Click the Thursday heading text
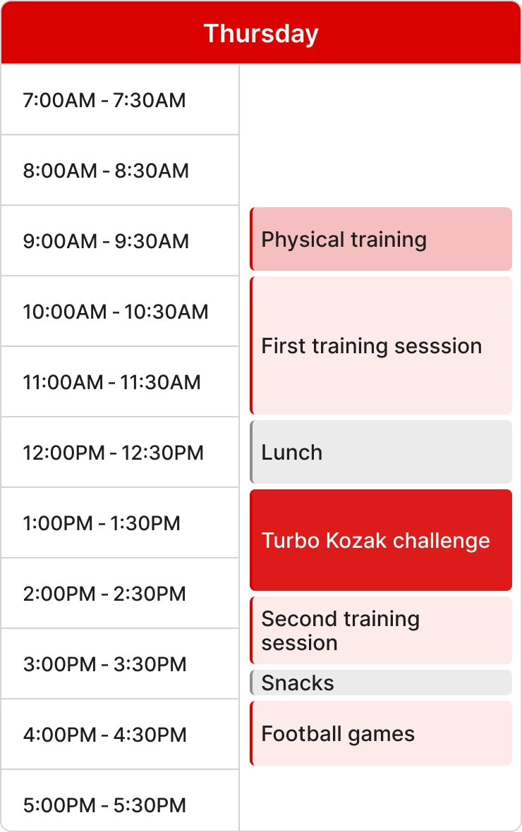tap(261, 34)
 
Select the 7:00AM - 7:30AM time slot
tap(104, 100)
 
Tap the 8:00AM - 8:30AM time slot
tap(106, 171)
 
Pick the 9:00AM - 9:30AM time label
tap(106, 241)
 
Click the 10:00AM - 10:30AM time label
tap(116, 312)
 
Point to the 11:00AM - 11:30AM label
tap(112, 382)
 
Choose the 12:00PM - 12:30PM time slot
tap(114, 453)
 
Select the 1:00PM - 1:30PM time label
tap(102, 523)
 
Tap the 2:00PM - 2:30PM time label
tap(104, 594)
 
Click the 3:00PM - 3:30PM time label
tap(104, 664)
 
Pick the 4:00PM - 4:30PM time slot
tap(104, 735)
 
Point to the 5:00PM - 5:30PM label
tap(104, 805)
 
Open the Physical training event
tap(381, 240)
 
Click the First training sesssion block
tap(381, 345)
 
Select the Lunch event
tap(381, 452)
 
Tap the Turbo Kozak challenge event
tap(381, 540)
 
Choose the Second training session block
tap(381, 630)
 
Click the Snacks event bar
tap(381, 683)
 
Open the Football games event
tap(381, 733)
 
